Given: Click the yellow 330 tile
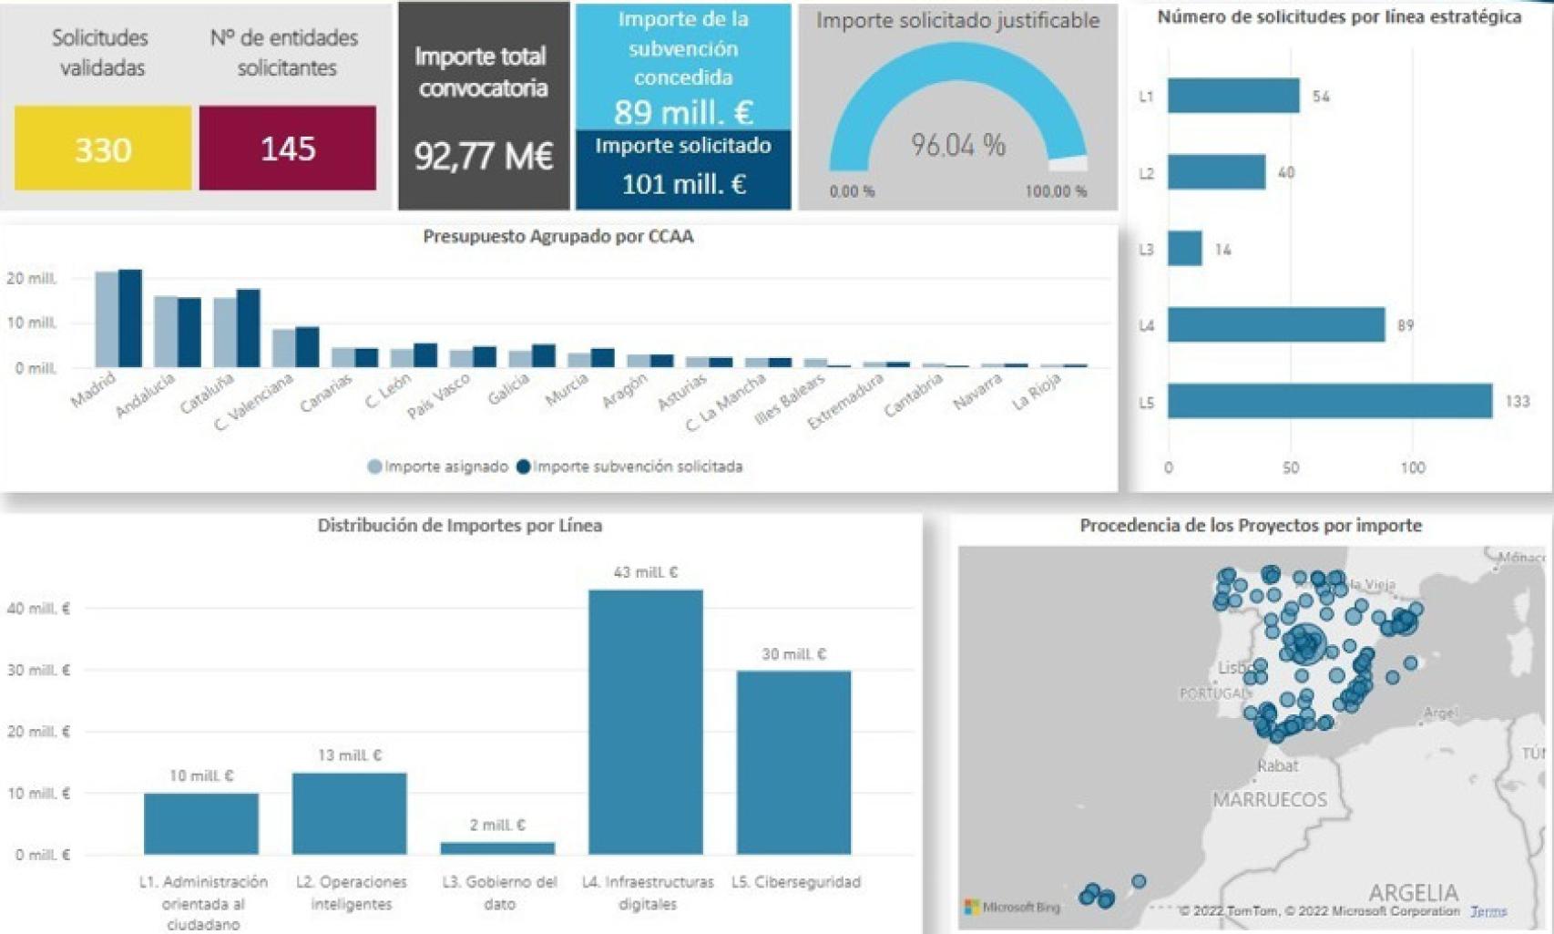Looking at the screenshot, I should point(103,149).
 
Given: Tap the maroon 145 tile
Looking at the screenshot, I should point(288,149).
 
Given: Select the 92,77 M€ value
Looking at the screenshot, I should point(484,156).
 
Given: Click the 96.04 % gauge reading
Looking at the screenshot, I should point(958,145).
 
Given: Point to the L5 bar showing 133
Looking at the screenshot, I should point(1330,402).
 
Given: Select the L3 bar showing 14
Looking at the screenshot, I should point(1185,249).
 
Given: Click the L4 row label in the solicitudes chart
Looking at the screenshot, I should point(1146,325).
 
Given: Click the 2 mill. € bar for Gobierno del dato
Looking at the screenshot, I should point(497,848).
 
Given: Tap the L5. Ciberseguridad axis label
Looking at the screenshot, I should point(796,882).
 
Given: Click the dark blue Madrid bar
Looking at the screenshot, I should point(130,319).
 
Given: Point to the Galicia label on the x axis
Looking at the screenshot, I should point(508,391).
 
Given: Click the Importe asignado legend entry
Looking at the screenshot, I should point(438,467).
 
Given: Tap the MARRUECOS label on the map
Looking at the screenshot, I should point(1270,800).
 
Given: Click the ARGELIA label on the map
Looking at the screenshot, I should point(1413,892).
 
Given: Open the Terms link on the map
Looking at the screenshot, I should point(1488,911).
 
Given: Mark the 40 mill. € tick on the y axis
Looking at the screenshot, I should point(38,609).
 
